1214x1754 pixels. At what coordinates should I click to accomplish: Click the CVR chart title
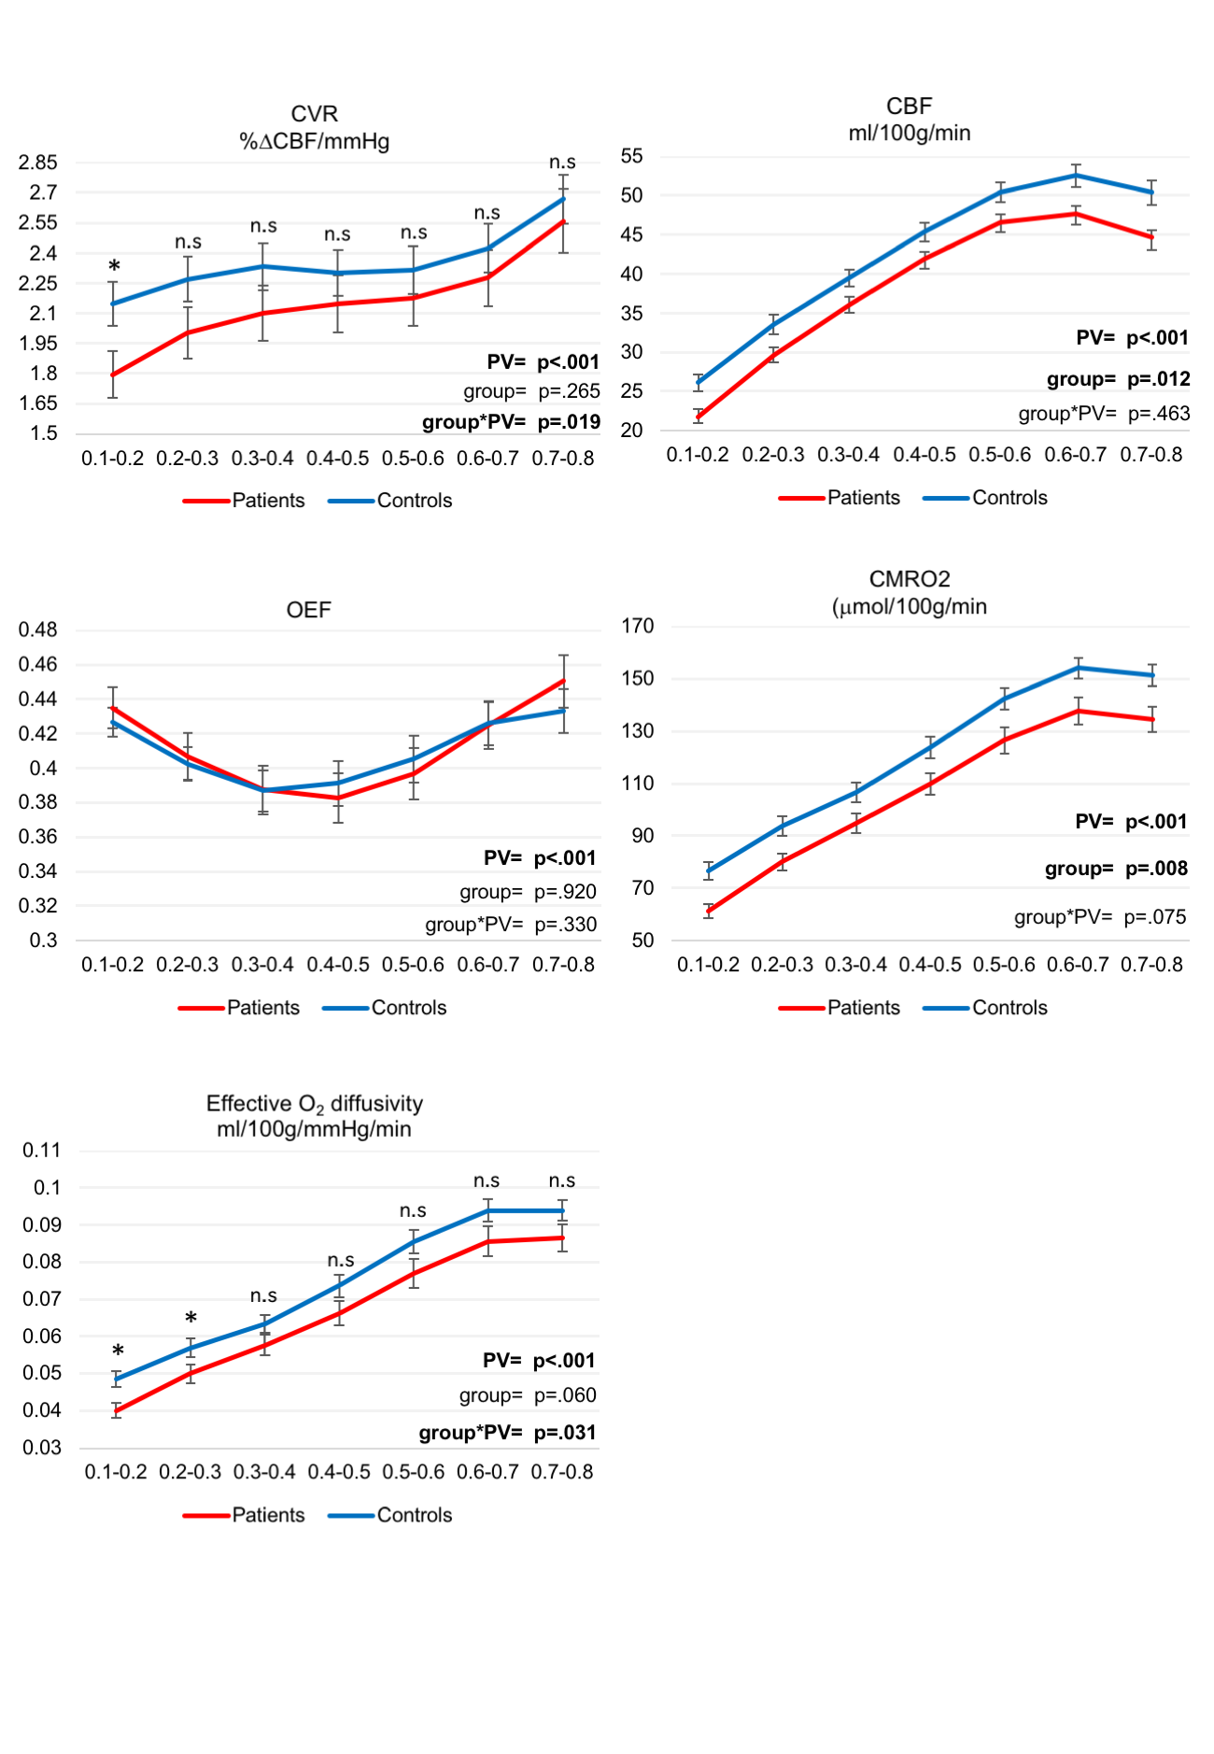click(314, 127)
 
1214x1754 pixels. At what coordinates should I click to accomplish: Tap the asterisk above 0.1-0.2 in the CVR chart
click(114, 267)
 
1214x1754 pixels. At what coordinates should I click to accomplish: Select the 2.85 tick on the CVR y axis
click(38, 163)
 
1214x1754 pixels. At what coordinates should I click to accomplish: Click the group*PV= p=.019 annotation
click(511, 422)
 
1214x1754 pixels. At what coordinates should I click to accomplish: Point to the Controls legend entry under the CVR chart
click(390, 501)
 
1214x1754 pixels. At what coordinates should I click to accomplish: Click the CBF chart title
click(909, 120)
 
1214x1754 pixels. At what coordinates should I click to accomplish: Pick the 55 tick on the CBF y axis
click(632, 156)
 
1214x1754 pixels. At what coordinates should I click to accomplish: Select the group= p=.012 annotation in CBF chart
click(1118, 379)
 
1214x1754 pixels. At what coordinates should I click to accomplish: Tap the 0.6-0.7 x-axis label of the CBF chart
click(1075, 455)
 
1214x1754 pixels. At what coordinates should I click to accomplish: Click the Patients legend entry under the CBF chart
click(840, 498)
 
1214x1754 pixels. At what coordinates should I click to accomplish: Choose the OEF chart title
click(308, 610)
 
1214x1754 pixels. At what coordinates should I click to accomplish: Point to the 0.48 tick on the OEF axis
click(38, 629)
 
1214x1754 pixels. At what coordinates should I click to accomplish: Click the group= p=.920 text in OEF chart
click(528, 892)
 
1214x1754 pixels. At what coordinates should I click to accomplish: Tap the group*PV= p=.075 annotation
click(1100, 917)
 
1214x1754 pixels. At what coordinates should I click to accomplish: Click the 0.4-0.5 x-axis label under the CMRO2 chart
click(930, 965)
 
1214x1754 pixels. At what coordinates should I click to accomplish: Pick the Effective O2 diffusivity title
click(314, 1116)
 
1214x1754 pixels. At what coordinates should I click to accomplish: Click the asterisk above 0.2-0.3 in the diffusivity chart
click(191, 1318)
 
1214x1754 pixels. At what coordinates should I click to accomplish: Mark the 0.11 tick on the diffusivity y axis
click(42, 1150)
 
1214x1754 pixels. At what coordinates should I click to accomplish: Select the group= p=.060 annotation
click(528, 1395)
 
